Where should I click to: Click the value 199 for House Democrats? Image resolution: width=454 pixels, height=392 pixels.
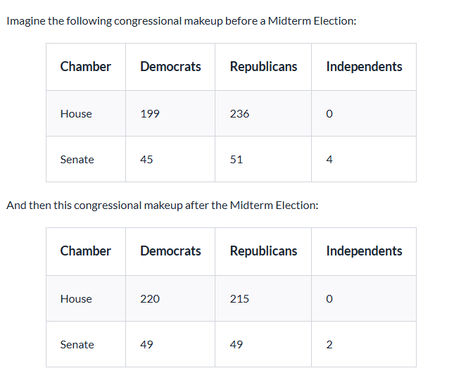tap(149, 114)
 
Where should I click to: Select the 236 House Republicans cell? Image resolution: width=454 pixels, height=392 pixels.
tap(239, 114)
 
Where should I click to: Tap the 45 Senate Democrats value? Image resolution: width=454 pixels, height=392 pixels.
tap(146, 160)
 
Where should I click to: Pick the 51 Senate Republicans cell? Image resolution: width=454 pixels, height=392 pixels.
tap(237, 160)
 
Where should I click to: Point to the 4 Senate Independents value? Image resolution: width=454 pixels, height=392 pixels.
tap(329, 160)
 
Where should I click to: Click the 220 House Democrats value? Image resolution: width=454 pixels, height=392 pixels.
tap(150, 299)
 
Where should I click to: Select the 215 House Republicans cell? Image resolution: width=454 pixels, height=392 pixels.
tap(239, 299)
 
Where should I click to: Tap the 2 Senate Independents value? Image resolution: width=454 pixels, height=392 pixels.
tap(329, 345)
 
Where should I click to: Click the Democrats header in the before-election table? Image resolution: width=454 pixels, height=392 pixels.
tap(170, 67)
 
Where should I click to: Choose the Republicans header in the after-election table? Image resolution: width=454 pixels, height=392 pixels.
tap(263, 251)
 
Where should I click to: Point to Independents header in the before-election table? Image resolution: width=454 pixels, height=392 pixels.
tap(364, 67)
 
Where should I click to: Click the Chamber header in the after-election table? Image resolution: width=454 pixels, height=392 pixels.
tap(85, 251)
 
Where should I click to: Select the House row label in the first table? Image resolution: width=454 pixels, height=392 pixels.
tap(76, 114)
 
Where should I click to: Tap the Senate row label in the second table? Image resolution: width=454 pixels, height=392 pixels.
tap(77, 345)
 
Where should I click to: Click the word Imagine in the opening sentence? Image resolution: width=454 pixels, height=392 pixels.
tap(25, 21)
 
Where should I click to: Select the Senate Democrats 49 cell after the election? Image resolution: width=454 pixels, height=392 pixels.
tap(146, 345)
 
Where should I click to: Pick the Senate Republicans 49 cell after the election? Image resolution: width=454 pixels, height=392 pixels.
tap(237, 345)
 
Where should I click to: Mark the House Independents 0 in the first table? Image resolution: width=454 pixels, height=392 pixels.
tap(329, 114)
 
